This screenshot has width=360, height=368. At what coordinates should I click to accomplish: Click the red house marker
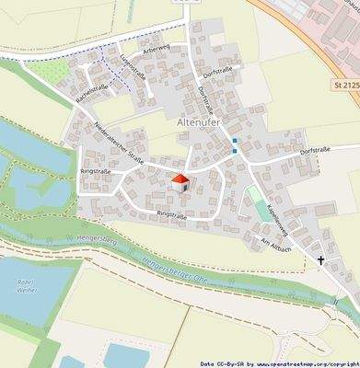click(x=180, y=180)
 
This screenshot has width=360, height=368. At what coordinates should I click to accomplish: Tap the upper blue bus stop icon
click(x=235, y=141)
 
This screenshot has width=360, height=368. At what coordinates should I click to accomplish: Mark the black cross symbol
click(x=321, y=260)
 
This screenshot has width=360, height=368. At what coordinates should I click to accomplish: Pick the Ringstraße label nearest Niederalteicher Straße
click(x=95, y=170)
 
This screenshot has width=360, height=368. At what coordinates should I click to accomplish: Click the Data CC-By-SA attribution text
click(x=224, y=363)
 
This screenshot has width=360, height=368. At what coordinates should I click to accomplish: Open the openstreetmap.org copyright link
click(x=303, y=363)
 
